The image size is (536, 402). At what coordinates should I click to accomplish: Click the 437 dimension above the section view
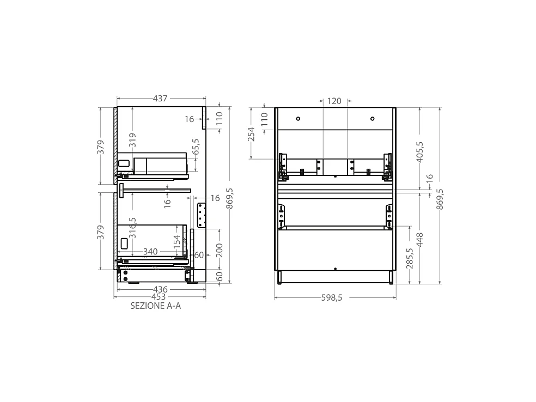tap(160, 99)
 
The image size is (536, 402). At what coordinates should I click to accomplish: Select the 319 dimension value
tap(132, 140)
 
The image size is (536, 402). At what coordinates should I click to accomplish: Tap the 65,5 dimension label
tap(196, 147)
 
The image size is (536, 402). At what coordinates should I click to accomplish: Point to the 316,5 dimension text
tap(132, 228)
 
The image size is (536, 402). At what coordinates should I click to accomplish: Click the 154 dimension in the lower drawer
tap(176, 242)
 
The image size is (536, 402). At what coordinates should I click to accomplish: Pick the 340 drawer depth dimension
tap(150, 252)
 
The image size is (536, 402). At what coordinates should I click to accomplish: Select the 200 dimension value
tap(220, 250)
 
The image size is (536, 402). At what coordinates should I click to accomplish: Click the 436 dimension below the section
tap(160, 290)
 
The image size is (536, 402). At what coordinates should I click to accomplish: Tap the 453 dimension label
tap(159, 297)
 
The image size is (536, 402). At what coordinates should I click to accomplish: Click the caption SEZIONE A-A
tap(156, 306)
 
